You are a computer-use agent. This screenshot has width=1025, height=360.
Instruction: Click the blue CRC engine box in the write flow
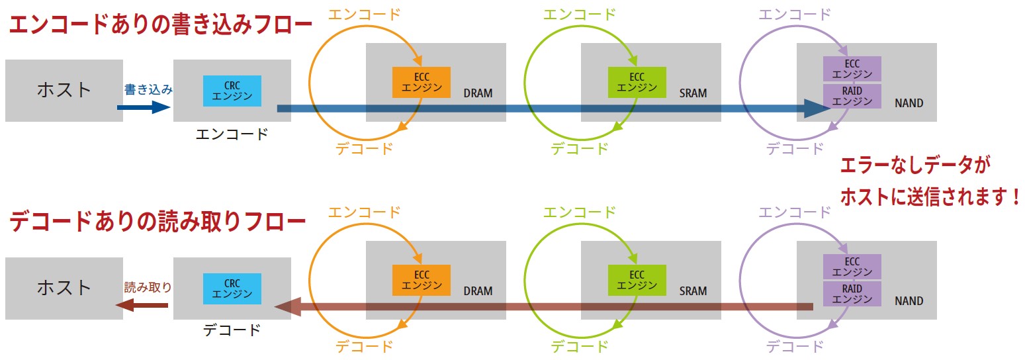(x=232, y=91)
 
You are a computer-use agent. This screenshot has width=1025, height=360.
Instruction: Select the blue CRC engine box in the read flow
(x=232, y=289)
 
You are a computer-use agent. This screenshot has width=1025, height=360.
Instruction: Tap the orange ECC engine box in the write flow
(x=422, y=82)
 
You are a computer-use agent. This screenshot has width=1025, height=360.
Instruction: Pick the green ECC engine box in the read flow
(x=637, y=280)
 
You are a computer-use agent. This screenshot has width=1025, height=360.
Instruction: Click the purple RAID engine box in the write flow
(x=852, y=96)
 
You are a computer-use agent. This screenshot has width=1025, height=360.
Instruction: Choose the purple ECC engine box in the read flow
(x=852, y=266)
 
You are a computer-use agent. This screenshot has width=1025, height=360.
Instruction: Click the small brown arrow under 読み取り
(x=142, y=305)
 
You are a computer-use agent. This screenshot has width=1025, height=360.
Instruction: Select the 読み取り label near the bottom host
(x=148, y=287)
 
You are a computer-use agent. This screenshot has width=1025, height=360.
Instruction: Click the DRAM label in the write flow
(x=478, y=93)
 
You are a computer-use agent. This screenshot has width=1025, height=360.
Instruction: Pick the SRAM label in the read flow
(x=693, y=291)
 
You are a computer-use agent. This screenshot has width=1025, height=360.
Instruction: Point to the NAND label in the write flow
(x=909, y=103)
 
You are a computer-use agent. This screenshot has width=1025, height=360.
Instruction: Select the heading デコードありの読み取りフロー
(x=157, y=222)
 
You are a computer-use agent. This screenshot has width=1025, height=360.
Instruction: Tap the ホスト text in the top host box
(x=64, y=89)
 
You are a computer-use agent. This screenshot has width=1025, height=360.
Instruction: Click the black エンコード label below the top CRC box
(x=232, y=134)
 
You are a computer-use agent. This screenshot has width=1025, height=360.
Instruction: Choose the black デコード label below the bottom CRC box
(x=232, y=330)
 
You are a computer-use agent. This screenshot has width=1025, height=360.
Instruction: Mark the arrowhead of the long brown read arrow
(x=285, y=306)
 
